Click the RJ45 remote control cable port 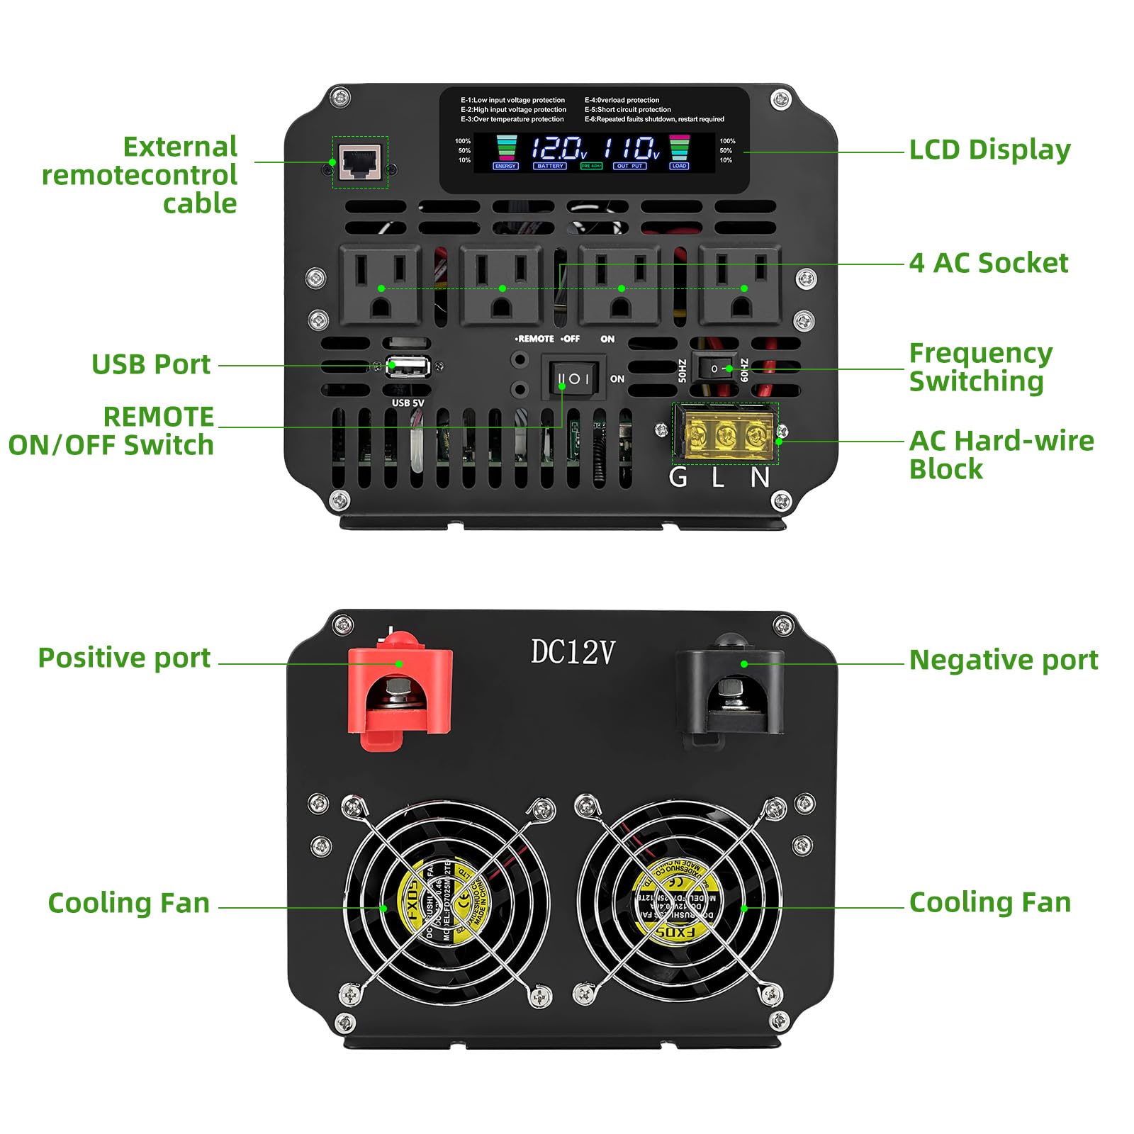point(361,162)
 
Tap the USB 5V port point(408,366)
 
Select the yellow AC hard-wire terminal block point(725,434)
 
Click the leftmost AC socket point(381,285)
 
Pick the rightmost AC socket point(741,285)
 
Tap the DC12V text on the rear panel point(573,652)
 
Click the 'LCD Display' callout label point(989,150)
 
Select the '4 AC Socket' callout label point(988,263)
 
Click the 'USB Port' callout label point(151,364)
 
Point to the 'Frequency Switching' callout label point(980,367)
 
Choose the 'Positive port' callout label point(124,658)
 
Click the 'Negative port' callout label point(1003,660)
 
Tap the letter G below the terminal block point(678,478)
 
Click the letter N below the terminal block point(760,478)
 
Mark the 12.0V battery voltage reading point(558,149)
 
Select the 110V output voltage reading point(631,149)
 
